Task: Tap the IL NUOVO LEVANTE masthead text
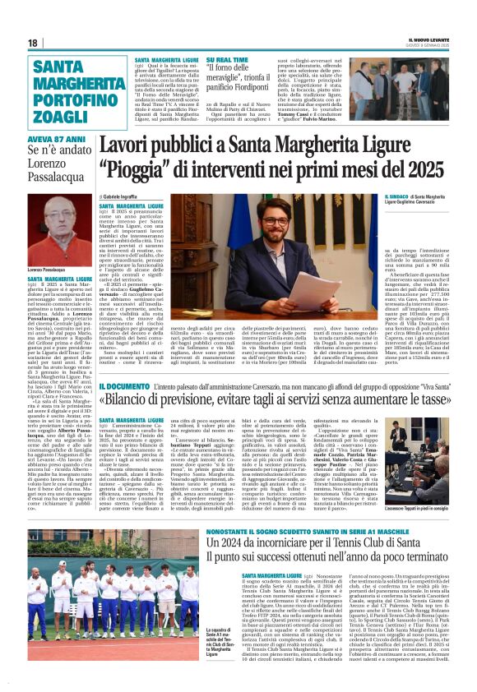pyautogui.click(x=428, y=37)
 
